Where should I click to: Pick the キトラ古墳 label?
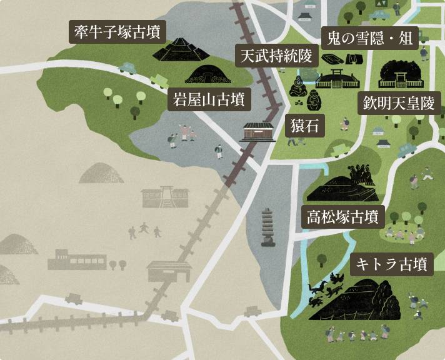[391, 264]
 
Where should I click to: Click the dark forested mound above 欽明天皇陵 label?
[400, 75]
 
